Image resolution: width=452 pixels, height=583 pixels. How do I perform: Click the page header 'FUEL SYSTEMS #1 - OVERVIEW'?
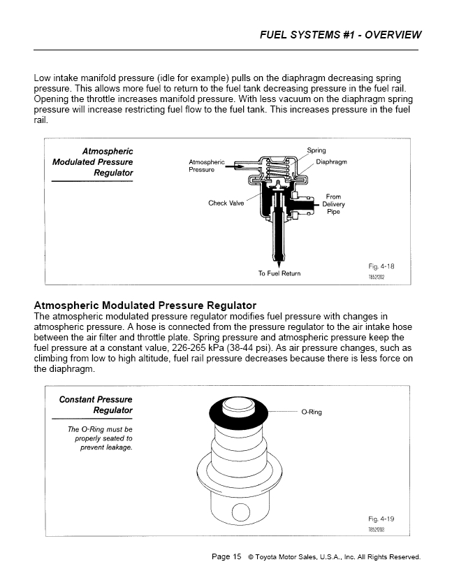pos(340,34)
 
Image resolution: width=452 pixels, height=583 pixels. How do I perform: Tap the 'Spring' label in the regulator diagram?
pos(316,150)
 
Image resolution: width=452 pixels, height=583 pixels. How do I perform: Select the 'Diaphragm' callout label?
pos(331,161)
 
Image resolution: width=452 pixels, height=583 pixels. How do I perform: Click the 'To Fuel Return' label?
pos(279,273)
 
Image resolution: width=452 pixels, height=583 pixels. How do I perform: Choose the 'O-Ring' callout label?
pos(312,412)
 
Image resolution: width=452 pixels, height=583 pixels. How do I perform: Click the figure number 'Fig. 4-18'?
pos(381,266)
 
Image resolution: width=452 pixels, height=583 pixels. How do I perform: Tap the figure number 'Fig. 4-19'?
pos(381,519)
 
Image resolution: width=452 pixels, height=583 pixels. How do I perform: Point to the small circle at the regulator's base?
pos(240,516)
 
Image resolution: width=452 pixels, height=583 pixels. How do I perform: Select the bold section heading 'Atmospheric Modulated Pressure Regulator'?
pos(145,305)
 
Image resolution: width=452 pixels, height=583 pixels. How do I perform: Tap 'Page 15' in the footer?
pos(226,557)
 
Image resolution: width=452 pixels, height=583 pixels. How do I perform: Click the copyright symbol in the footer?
pos(251,558)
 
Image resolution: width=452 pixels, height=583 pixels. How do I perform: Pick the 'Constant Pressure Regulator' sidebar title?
pos(96,405)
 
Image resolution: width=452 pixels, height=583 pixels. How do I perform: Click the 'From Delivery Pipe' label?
pos(333,204)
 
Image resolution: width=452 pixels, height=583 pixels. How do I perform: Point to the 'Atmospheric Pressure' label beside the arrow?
pos(206,166)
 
